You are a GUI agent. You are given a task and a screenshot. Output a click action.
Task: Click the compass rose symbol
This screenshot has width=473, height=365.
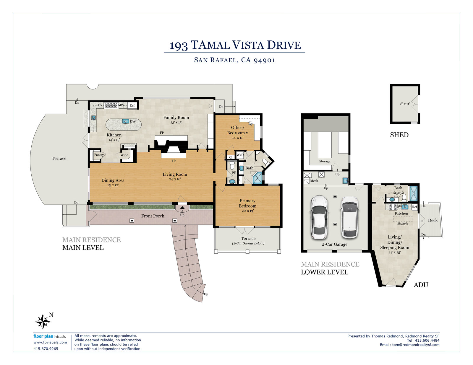click(43, 322)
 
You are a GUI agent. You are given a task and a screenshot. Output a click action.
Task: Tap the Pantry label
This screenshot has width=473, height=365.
click(99, 155)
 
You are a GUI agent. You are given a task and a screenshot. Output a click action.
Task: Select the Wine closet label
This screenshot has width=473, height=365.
click(124, 155)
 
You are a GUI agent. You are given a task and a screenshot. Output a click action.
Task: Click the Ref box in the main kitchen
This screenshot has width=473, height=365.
click(132, 105)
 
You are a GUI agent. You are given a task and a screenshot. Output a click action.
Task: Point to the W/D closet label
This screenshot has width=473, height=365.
click(240, 155)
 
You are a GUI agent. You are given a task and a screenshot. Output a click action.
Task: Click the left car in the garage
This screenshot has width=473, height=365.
click(319, 217)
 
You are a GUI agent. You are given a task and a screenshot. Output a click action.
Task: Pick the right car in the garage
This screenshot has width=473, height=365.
click(350, 217)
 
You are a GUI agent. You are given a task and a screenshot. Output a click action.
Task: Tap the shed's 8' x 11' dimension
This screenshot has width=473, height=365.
click(405, 104)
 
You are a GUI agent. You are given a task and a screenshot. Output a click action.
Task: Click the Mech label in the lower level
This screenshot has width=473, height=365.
click(314, 181)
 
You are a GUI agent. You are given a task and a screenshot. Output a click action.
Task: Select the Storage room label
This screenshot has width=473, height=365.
click(325, 161)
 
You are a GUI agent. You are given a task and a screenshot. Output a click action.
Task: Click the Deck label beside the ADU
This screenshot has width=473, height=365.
click(432, 220)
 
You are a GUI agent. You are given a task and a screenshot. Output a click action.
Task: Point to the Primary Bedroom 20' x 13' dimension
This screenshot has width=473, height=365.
click(247, 211)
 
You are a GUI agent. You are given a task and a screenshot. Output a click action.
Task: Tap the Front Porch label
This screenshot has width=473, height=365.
click(153, 216)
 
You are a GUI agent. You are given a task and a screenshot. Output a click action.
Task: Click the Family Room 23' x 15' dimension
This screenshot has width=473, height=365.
click(176, 122)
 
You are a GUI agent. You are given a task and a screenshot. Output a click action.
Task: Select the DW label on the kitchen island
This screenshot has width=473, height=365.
click(133, 122)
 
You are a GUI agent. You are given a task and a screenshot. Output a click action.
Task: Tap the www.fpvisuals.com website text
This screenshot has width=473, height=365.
click(50, 342)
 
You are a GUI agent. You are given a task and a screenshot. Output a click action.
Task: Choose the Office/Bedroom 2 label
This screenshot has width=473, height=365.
click(238, 130)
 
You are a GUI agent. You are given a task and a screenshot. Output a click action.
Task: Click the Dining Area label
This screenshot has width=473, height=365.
click(113, 180)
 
